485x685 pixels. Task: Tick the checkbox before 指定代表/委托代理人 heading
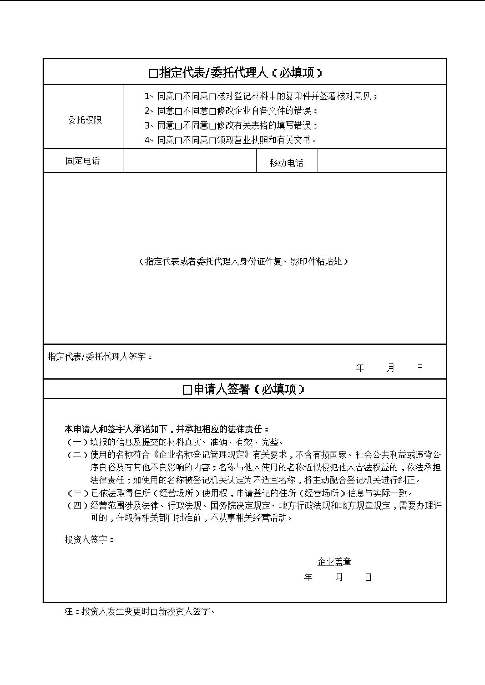pos(153,74)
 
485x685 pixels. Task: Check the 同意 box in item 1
pos(178,97)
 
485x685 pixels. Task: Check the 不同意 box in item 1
pos(213,97)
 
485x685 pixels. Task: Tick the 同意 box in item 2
pos(178,112)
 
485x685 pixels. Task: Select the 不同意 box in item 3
pos(213,126)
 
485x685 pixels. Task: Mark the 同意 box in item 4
pos(178,141)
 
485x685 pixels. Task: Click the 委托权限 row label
pos(84,120)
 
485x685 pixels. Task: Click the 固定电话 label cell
pos(83,161)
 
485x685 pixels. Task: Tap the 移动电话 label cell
pos(286,163)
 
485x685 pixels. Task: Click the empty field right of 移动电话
pos(381,161)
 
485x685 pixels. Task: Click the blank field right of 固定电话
pos(189,161)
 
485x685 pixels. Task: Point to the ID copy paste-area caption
pos(243,261)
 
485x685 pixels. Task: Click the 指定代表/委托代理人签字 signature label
pos(99,357)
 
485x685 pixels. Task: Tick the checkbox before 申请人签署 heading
pos(187,390)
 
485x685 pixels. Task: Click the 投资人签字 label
pos(89,539)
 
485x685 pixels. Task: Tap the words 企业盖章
pos(334,562)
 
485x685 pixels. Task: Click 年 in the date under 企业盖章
pos(308,577)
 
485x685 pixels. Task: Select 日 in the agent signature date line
pos(420,368)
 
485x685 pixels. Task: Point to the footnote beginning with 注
pos(140,611)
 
